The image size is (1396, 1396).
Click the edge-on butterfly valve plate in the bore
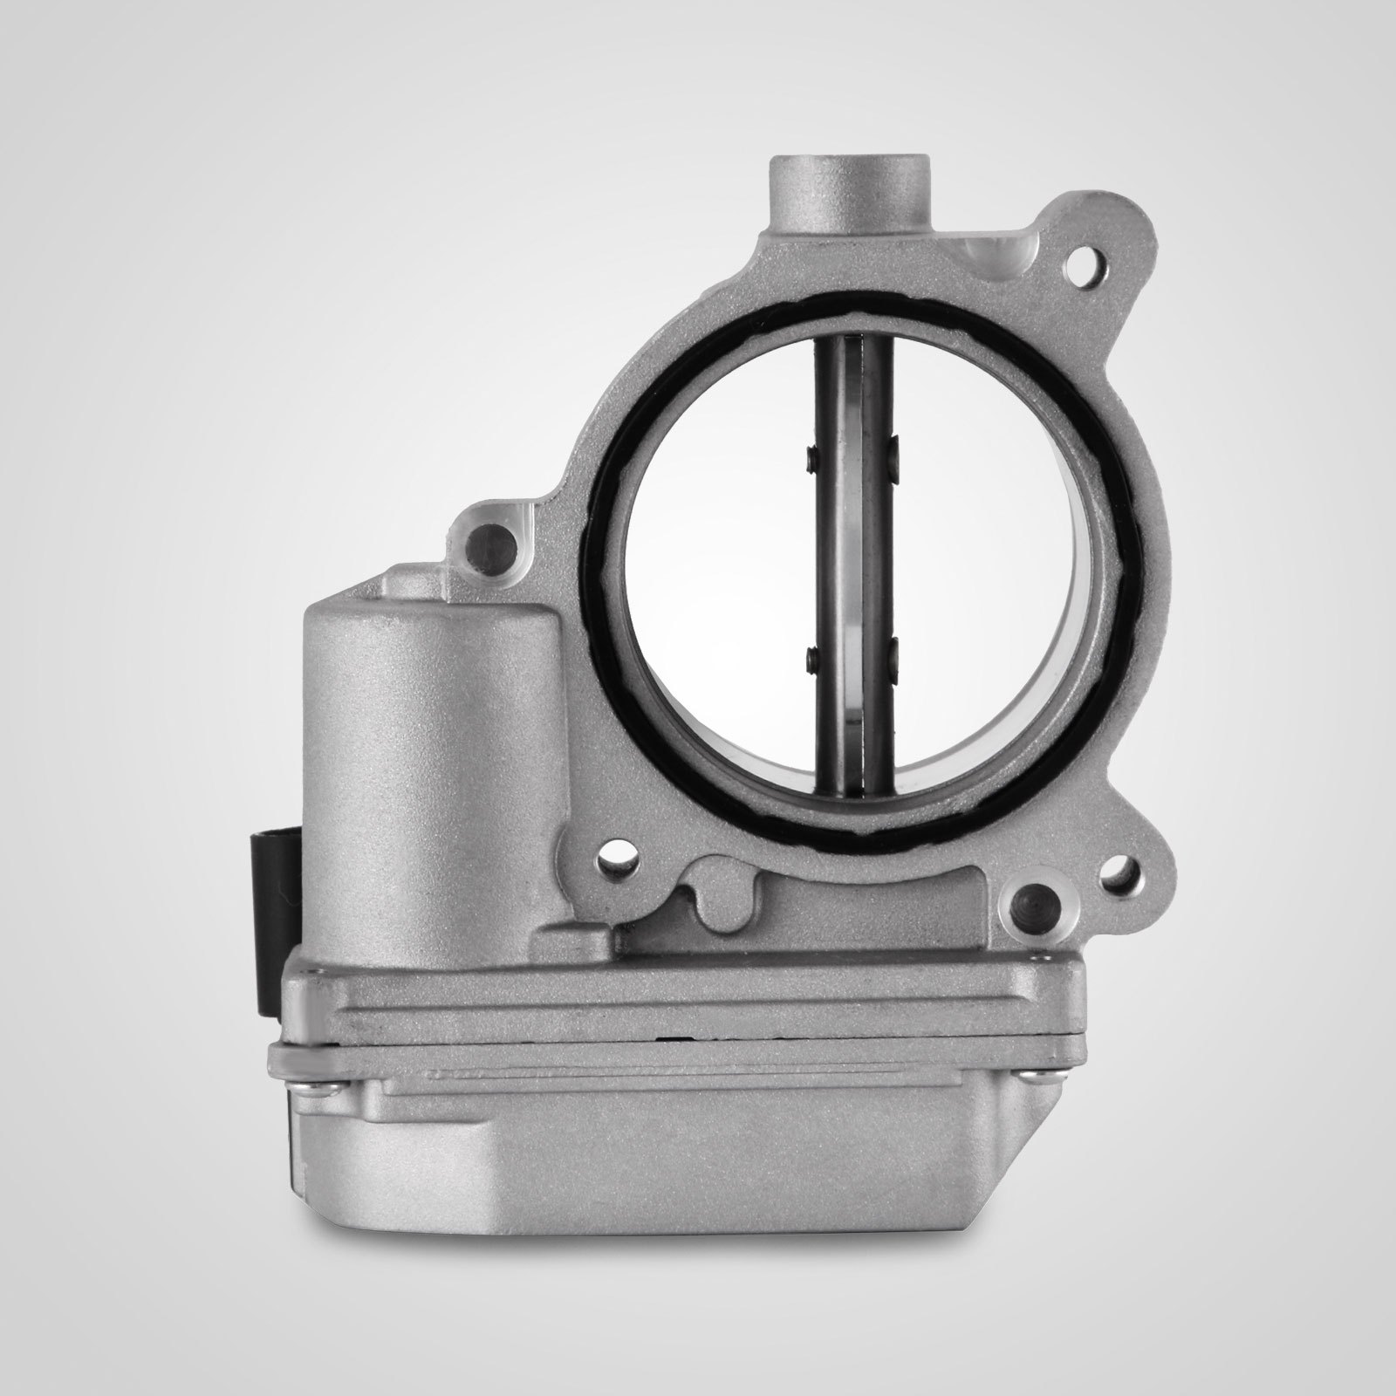click(x=852, y=558)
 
